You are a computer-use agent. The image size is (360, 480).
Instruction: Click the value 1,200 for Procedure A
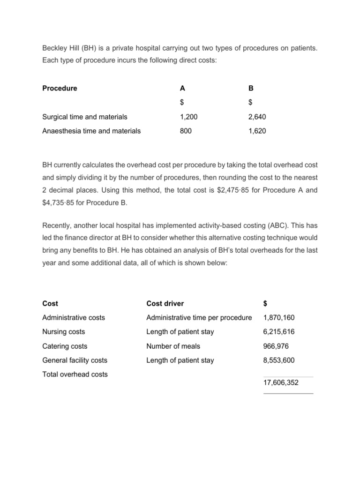tap(189, 117)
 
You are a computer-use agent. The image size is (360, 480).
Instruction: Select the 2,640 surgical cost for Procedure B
tap(257, 117)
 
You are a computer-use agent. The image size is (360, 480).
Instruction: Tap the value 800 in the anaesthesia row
tap(186, 131)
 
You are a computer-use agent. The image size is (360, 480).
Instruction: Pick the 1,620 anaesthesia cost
tap(257, 131)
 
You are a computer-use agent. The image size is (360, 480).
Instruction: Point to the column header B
tap(251, 88)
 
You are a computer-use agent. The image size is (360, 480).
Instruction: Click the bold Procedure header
tap(60, 88)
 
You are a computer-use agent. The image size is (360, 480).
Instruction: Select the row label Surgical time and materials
tap(84, 117)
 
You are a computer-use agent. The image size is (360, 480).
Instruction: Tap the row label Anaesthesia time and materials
tap(91, 131)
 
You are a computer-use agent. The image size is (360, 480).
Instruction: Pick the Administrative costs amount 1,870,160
tap(279, 317)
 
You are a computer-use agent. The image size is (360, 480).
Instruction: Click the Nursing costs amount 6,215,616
tap(279, 331)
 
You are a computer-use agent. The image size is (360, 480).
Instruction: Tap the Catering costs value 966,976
tap(277, 346)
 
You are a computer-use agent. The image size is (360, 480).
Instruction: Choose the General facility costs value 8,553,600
tap(279, 360)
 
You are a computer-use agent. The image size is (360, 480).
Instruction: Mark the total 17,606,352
tap(281, 382)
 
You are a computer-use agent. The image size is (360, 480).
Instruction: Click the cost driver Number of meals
tap(173, 346)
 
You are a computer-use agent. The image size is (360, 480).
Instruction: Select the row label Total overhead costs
tap(75, 374)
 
